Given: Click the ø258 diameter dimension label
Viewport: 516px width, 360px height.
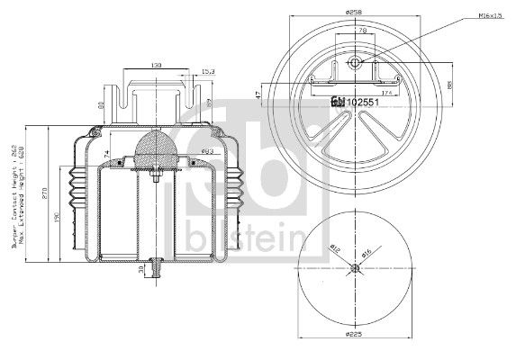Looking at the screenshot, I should point(353,11).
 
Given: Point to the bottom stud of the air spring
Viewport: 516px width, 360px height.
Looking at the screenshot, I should point(157,268).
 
